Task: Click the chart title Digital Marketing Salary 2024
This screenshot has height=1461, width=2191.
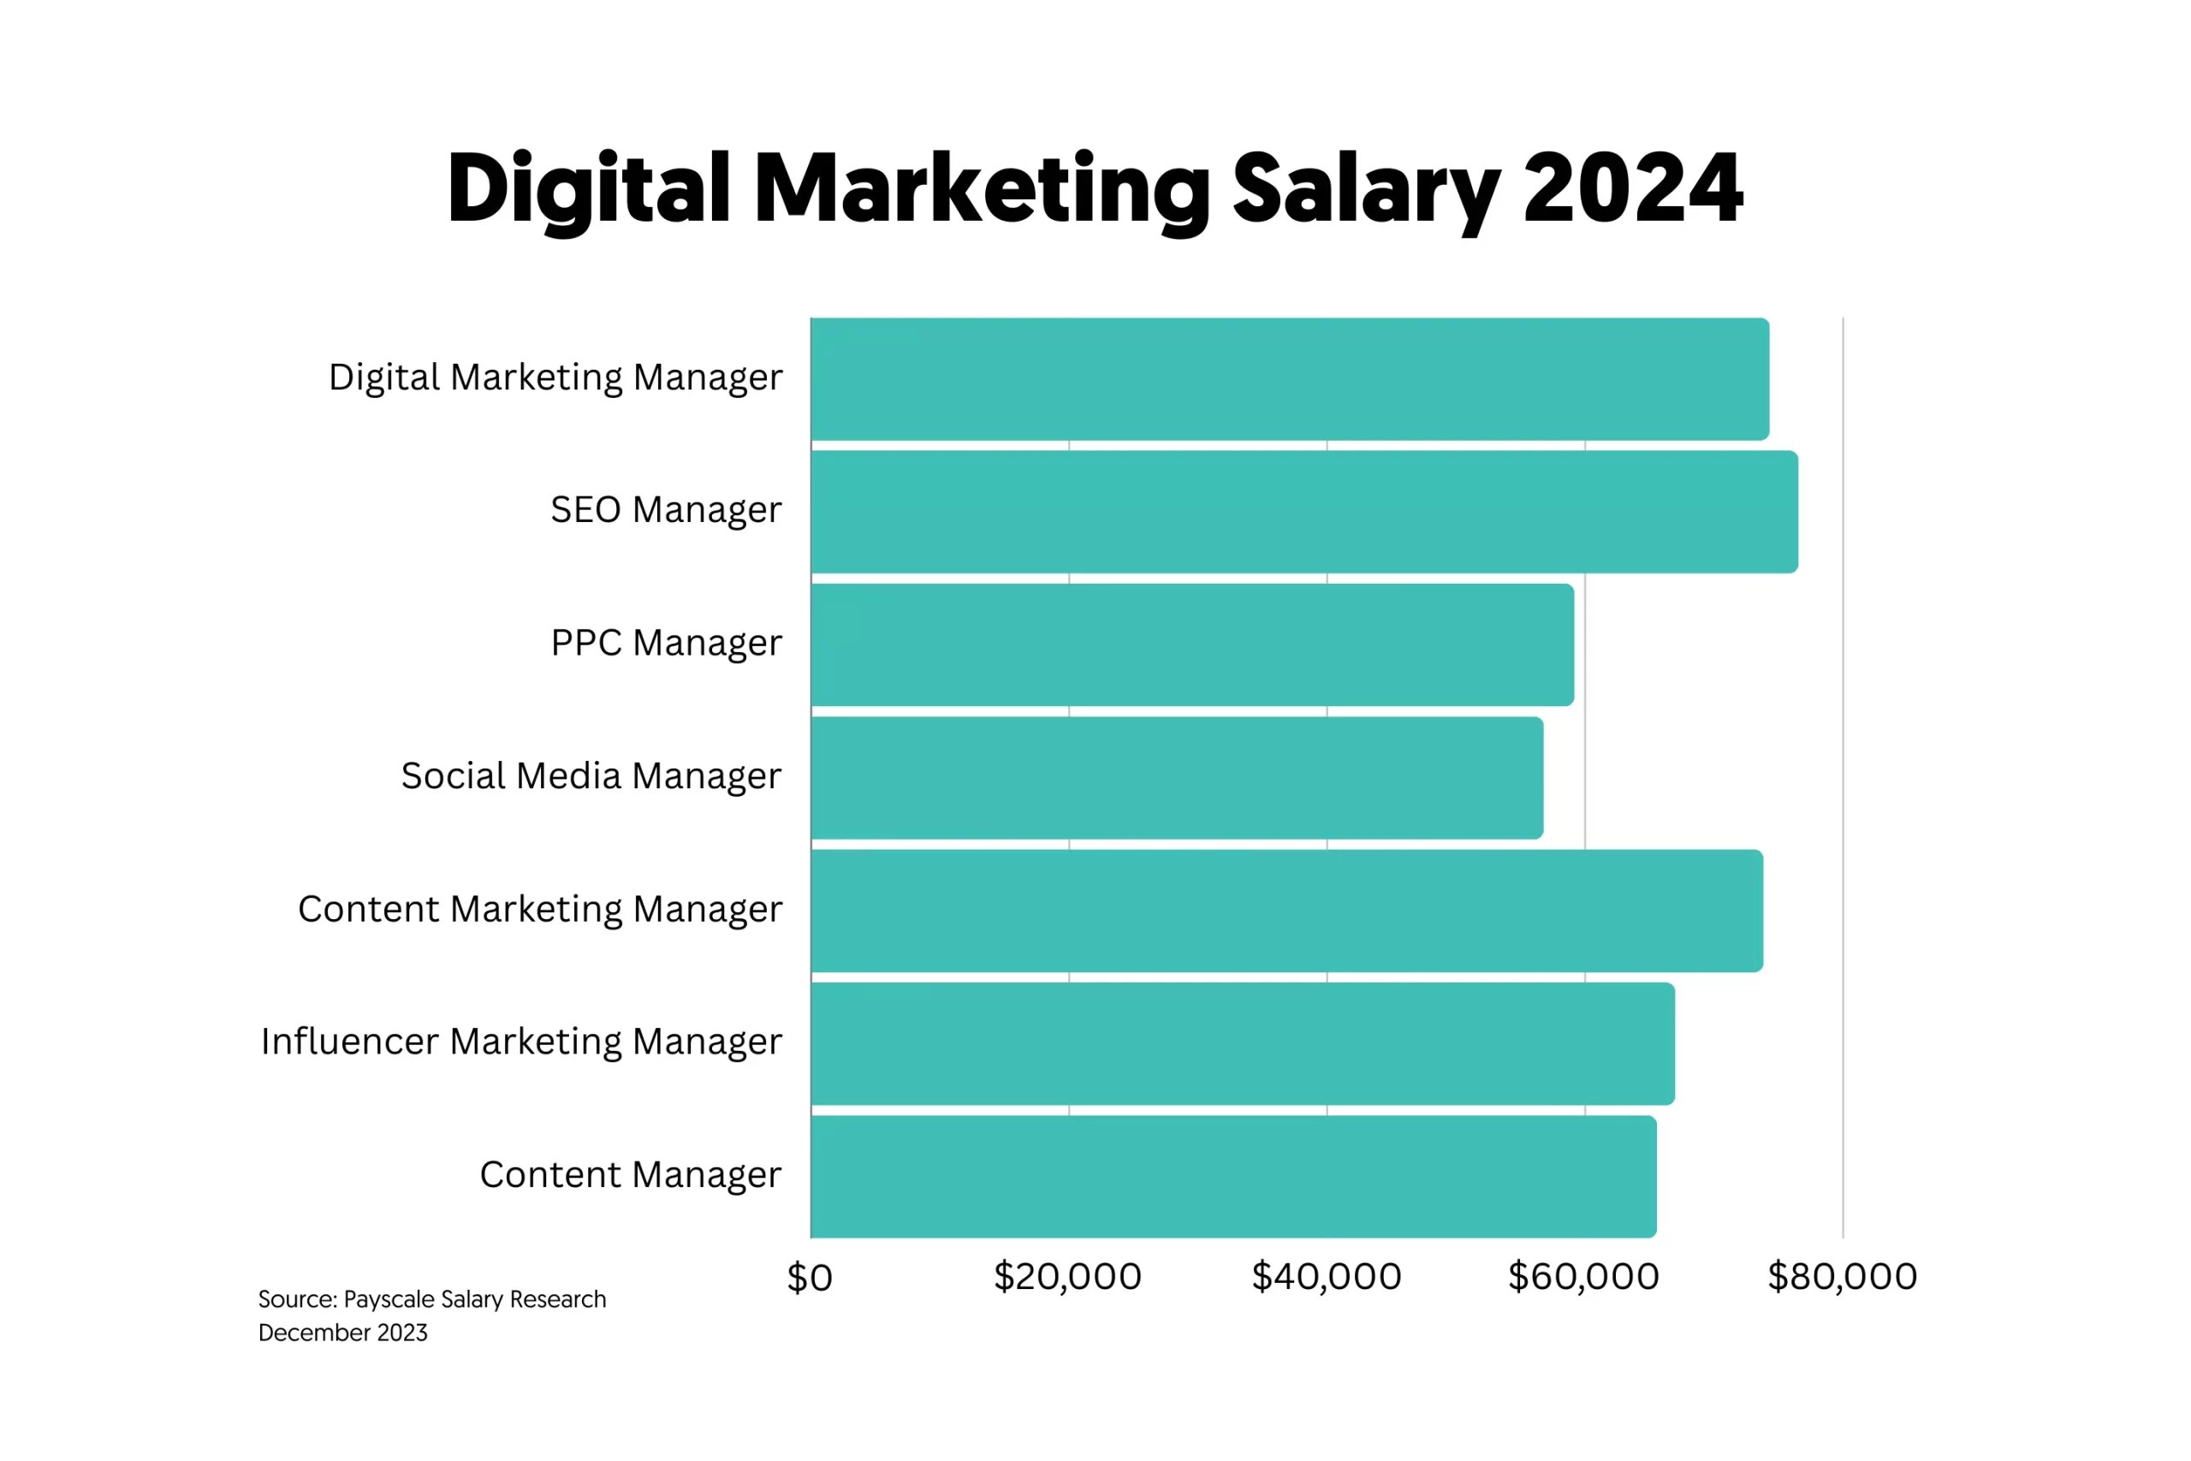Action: tap(1094, 189)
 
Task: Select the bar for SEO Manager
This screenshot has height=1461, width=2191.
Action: tap(1303, 512)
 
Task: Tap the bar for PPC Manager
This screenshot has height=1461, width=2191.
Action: tap(1191, 644)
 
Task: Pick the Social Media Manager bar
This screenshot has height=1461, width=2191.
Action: tap(1176, 778)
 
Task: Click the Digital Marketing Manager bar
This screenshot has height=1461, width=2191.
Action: tap(1289, 378)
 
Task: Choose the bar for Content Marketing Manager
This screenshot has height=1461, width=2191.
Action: tap(1286, 912)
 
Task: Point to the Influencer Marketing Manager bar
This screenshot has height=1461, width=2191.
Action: tap(1242, 1043)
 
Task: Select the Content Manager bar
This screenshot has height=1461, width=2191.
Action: tap(1232, 1177)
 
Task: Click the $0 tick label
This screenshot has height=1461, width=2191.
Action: tap(809, 1278)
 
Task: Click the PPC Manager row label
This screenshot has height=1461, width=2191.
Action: tap(665, 644)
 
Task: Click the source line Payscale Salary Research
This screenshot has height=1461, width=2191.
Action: tap(431, 1299)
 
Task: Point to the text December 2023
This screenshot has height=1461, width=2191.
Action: tap(343, 1333)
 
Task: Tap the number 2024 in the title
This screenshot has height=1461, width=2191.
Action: tap(1632, 189)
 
